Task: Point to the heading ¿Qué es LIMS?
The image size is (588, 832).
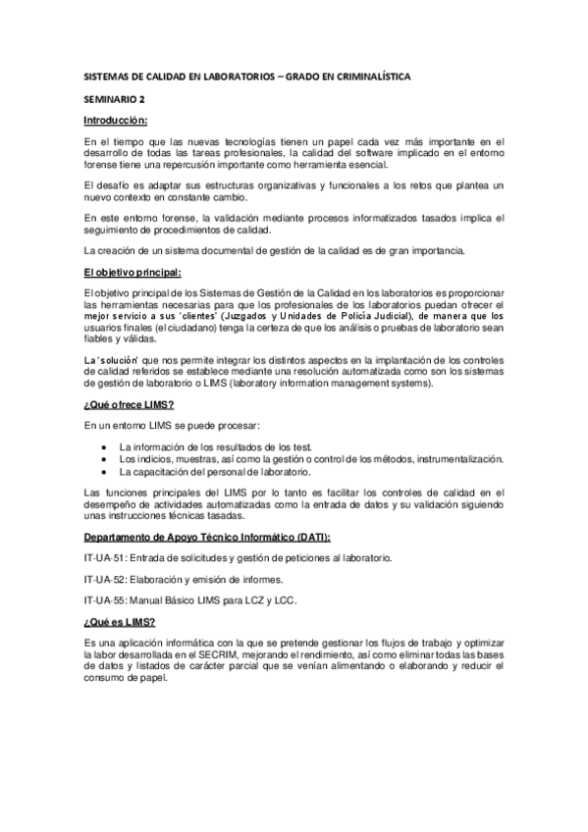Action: (120, 620)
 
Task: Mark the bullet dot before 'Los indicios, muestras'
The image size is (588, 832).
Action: (105, 459)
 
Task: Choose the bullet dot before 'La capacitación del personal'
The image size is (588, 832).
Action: (105, 472)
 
